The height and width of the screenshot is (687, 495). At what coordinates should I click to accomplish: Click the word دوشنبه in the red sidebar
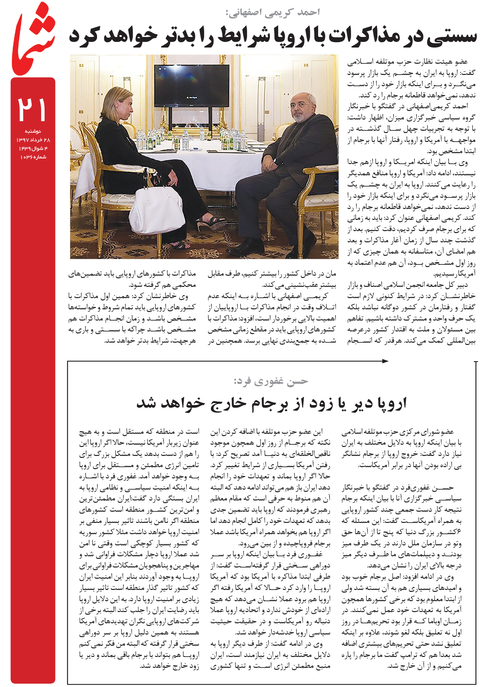[33, 131]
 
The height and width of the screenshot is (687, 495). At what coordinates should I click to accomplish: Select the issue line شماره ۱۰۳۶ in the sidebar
[33, 157]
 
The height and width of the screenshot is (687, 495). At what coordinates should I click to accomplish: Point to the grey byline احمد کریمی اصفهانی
[273, 13]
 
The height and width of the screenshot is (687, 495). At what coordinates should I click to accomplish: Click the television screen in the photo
[191, 84]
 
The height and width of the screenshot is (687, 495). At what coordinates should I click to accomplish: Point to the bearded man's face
[301, 109]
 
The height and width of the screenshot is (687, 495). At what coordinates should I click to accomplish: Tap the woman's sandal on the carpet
[211, 222]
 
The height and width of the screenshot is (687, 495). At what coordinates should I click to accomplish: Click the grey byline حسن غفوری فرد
[271, 381]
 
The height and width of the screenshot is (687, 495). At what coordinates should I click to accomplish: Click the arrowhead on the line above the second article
[385, 361]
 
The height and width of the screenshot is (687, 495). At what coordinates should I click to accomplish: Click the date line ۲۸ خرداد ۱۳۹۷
[33, 140]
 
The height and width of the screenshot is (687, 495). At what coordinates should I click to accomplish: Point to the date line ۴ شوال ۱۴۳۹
[33, 149]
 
